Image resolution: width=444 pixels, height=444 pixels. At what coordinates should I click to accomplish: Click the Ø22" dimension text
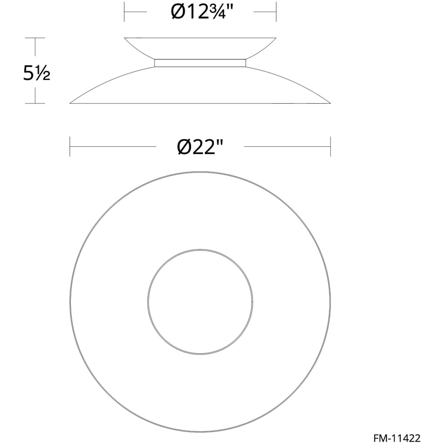coord(200,147)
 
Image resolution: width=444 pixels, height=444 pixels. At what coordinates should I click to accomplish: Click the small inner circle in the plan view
coord(200,302)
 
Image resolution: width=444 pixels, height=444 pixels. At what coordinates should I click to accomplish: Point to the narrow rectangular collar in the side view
coord(200,63)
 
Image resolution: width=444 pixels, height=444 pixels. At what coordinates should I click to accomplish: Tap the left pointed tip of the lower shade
coord(70,103)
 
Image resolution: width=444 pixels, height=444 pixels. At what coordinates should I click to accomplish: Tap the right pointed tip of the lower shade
coord(330,103)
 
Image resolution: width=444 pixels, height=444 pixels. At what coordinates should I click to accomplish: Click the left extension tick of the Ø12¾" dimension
coord(124,12)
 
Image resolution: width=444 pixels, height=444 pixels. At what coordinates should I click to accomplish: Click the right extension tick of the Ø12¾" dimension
coord(276,12)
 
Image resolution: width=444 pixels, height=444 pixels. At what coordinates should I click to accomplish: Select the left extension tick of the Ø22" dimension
coord(70,146)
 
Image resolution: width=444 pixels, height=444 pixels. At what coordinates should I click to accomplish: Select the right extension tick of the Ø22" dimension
coord(330,146)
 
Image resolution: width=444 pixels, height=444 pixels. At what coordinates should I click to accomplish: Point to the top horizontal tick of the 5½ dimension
coord(35,38)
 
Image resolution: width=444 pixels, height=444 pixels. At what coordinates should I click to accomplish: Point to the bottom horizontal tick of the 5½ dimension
coord(35,103)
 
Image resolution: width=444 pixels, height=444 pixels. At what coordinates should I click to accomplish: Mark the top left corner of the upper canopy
coord(125,38)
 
